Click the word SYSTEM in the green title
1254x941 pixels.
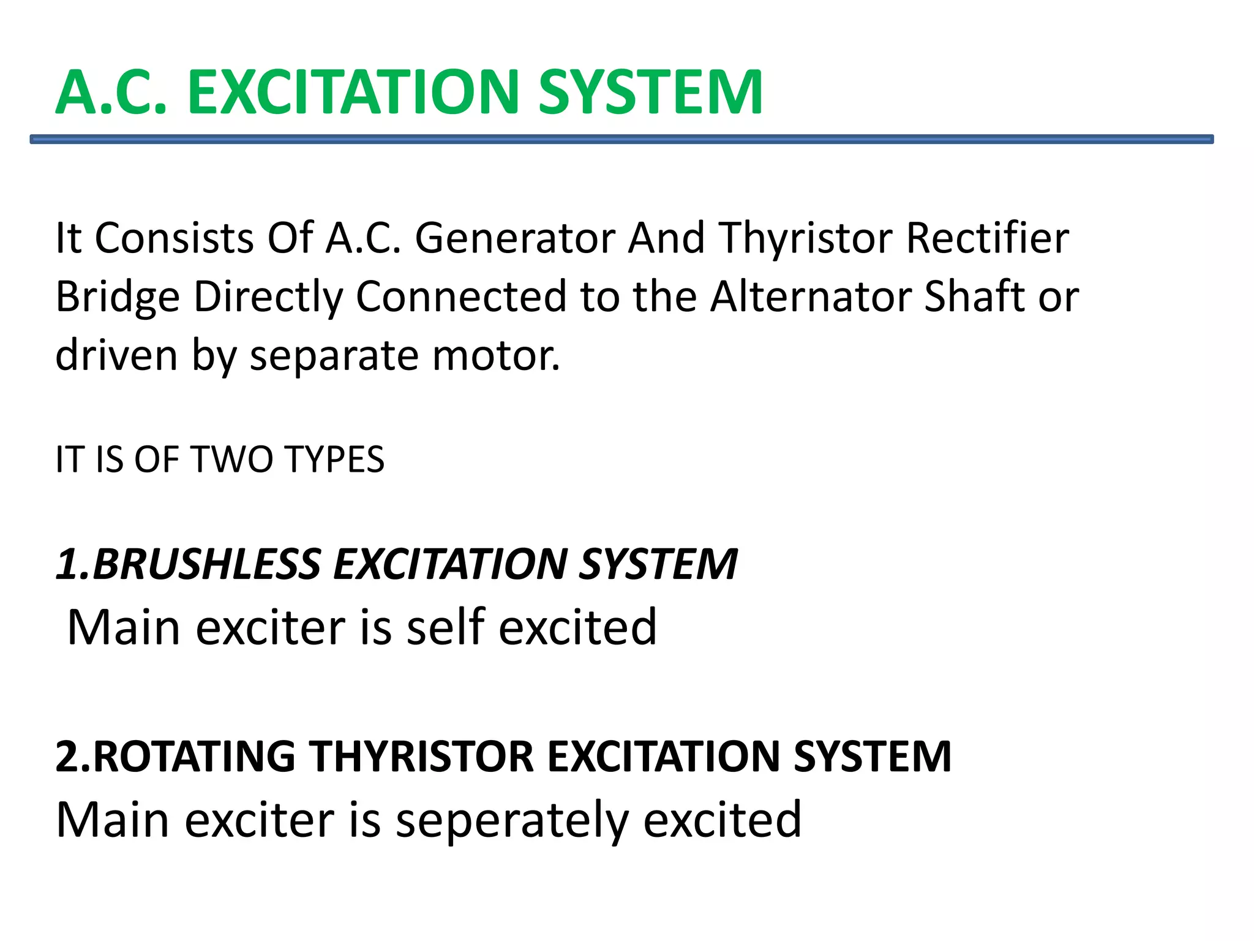tap(650, 93)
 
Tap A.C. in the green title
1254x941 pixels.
tap(111, 93)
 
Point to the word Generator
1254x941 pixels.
tap(515, 238)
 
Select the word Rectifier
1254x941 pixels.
tap(987, 238)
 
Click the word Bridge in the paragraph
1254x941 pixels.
tap(118, 298)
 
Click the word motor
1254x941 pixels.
tap(496, 356)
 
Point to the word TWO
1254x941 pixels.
tap(233, 459)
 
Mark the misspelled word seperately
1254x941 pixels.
tap(512, 821)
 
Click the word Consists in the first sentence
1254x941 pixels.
tap(175, 238)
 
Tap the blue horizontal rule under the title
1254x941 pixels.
tap(621, 140)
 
